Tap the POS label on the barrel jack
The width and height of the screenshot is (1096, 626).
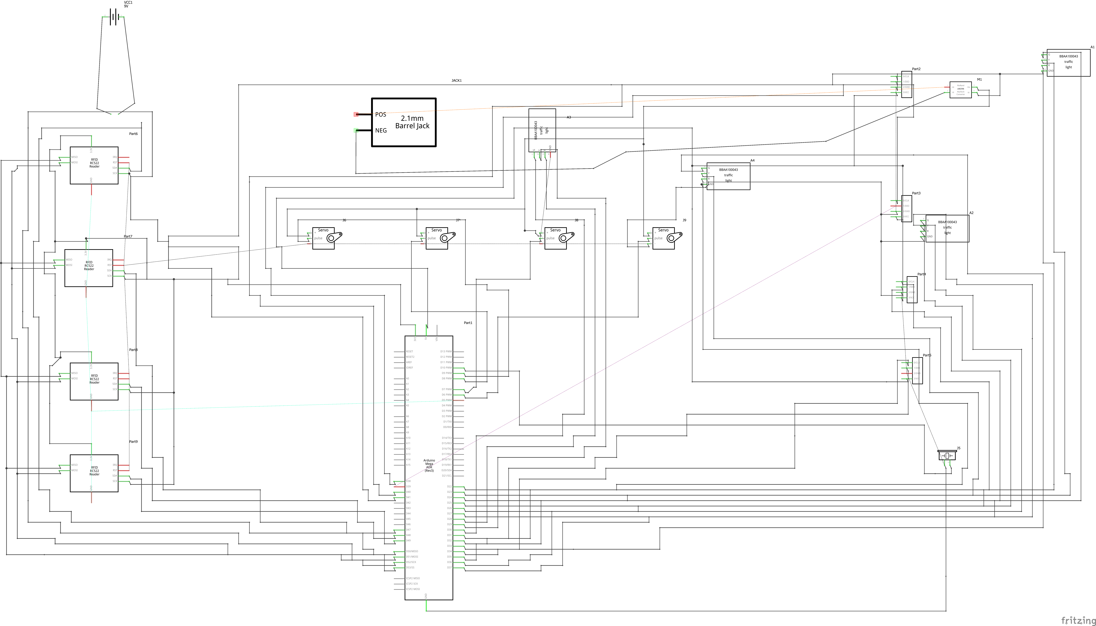380,114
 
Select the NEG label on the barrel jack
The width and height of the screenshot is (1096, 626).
381,130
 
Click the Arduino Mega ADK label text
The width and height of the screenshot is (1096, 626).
429,465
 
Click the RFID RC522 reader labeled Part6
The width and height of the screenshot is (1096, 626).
94,166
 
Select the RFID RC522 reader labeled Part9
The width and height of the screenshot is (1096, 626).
94,473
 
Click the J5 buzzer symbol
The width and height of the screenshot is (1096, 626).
947,455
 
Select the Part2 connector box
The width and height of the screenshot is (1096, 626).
906,84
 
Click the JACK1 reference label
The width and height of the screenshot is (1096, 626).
457,80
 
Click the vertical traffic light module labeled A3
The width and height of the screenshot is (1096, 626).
542,130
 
